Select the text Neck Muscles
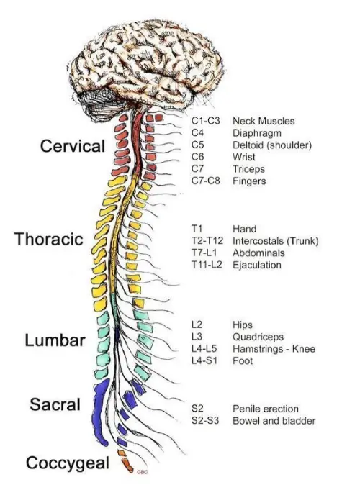[x=264, y=122]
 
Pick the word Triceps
[x=248, y=170]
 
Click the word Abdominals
[x=258, y=253]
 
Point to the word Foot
[x=242, y=360]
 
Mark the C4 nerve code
[x=198, y=133]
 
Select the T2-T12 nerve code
[x=207, y=241]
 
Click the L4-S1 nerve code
[x=204, y=360]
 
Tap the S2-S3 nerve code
[x=204, y=421]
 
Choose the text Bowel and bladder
[x=274, y=421]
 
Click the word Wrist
[x=244, y=158]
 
